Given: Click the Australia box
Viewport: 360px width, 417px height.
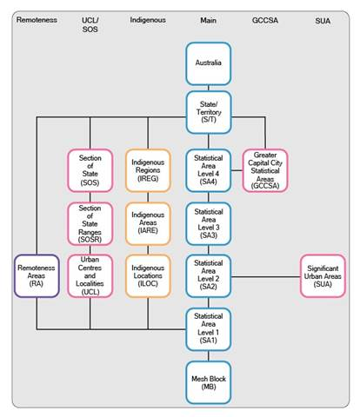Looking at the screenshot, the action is [209, 63].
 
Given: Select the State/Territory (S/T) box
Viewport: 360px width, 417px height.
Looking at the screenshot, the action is [209, 112].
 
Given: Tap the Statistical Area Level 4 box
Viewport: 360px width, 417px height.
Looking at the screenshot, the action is [209, 170].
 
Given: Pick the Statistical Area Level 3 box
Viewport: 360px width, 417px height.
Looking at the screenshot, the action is [209, 224].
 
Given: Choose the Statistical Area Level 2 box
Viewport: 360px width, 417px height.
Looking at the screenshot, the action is [209, 276].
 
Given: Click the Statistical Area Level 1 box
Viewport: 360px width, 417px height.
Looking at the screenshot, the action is [209, 329].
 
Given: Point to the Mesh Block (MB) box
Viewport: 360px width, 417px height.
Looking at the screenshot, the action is [209, 382].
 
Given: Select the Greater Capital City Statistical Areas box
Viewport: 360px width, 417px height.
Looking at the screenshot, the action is [265, 170].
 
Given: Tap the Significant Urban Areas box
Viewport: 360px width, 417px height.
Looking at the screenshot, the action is [323, 276].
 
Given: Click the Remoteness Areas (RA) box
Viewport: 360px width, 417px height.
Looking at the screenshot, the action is [37, 276].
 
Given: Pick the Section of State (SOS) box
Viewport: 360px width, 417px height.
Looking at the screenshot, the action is [90, 170].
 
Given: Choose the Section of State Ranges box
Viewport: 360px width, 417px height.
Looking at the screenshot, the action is [90, 224].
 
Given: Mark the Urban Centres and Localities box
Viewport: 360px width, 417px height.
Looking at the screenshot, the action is [90, 276].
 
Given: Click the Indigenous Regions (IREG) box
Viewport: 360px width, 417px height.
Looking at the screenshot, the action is [148, 170].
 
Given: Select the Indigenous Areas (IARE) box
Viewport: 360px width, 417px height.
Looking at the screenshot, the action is [148, 224].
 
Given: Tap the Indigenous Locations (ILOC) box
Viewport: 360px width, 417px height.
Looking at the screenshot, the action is [148, 276].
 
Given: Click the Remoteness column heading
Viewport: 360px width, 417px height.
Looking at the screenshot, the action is [37, 20].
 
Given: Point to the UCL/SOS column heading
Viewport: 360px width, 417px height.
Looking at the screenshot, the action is [90, 25].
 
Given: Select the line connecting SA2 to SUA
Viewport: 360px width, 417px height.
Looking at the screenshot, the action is [265, 276].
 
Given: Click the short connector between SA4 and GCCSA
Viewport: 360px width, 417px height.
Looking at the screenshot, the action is [237, 170].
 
